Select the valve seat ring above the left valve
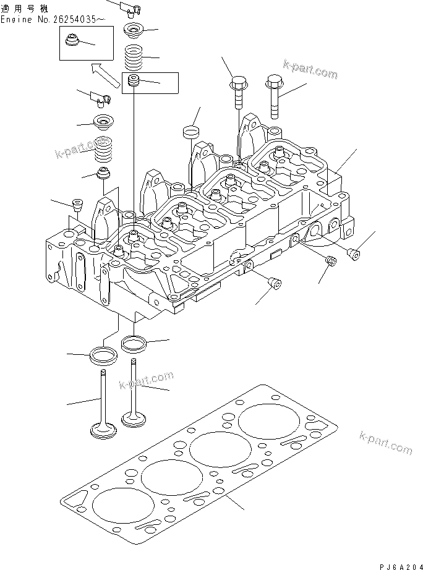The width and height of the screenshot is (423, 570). click(x=104, y=355)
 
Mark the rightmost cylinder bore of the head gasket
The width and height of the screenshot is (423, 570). click(x=263, y=425)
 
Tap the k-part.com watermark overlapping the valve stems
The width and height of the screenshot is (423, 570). click(x=146, y=381)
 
